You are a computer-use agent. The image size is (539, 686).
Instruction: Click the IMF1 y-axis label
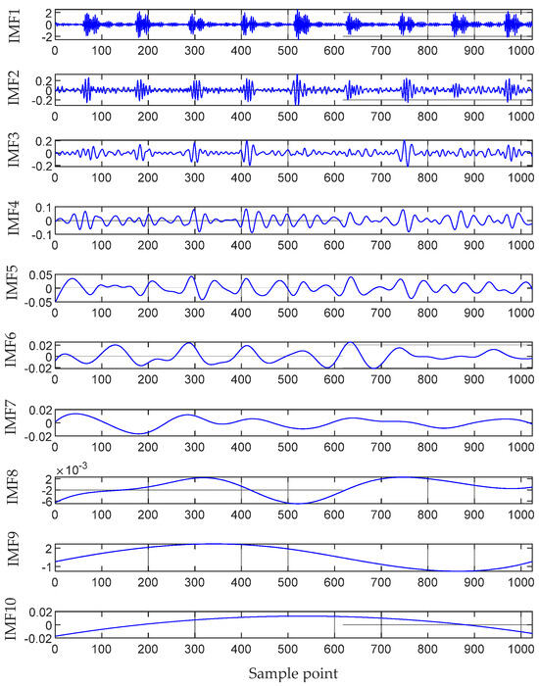pos(14,22)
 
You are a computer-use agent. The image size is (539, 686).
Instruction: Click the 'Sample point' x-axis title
pos(293,675)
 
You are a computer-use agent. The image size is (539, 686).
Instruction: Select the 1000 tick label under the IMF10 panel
pos(520,647)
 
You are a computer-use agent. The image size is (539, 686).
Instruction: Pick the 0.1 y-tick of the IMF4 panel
pos(41,208)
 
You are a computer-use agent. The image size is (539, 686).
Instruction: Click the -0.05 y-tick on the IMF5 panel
pos(36,303)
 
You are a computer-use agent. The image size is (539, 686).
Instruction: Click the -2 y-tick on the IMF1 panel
pos(43,35)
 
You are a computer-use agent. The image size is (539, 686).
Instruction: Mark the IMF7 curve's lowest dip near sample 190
pos(142,432)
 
